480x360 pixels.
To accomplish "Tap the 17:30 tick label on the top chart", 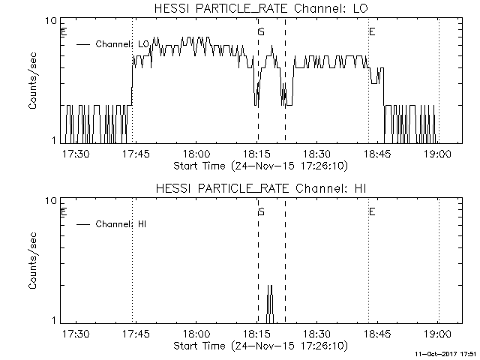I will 75,154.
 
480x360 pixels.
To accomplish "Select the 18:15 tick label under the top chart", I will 256,154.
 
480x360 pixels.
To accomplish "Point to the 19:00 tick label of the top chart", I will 438,154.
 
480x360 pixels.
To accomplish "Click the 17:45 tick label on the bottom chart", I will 136,334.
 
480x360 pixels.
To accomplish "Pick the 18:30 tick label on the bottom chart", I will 317,334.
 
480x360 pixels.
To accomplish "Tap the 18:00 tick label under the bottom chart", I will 196,334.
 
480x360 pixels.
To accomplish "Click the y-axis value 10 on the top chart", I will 52,21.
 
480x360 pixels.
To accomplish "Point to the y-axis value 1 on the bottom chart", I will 55,321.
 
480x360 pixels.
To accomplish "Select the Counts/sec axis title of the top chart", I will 34,81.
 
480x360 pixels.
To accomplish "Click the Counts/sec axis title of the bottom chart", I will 34,261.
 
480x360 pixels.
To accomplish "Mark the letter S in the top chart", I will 261,32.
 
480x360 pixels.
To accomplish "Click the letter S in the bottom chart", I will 261,212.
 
